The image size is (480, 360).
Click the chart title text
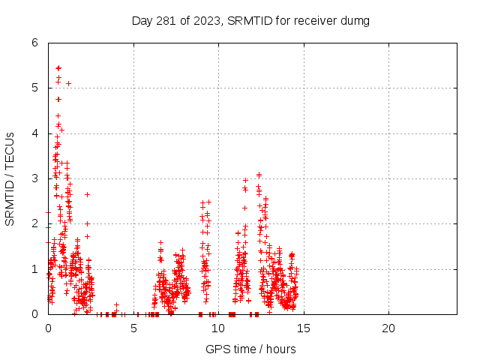click(250, 20)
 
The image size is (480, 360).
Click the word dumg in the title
click(355, 20)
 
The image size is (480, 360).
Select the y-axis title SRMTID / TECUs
click(10, 178)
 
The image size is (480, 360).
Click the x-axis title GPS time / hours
click(250, 349)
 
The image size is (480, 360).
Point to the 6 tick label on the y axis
click(34, 43)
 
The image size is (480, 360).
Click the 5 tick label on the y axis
click(34, 88)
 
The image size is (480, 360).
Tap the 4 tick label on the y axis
click(34, 133)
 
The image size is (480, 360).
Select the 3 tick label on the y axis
click(34, 178)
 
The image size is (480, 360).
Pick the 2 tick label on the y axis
click(34, 224)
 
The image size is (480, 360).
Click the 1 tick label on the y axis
click(34, 269)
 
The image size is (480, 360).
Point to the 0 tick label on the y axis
click(34, 314)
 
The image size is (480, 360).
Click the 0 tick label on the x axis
click(49, 328)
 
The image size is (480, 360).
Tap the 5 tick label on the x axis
click(133, 328)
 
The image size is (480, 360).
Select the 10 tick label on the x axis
click(218, 328)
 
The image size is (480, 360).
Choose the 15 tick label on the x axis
click(303, 328)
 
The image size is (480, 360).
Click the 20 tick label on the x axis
click(388, 328)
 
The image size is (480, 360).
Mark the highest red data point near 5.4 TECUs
click(58, 68)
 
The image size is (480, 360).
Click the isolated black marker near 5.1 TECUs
click(68, 83)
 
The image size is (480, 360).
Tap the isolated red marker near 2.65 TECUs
click(87, 194)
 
